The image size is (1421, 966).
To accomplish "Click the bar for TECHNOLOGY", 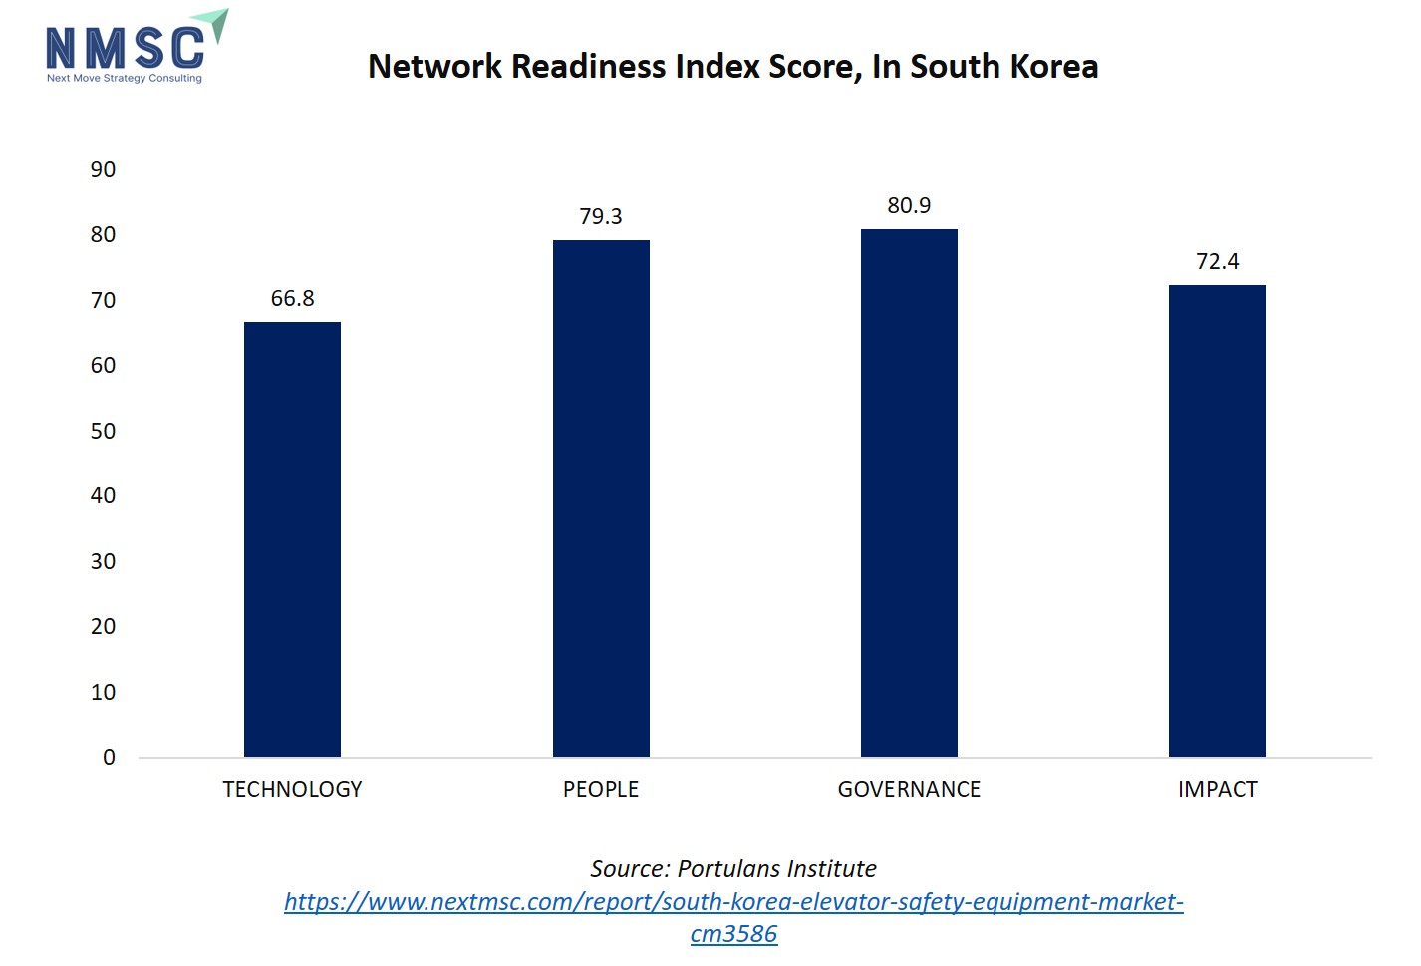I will click(292, 538).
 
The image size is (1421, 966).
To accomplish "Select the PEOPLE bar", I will click(601, 498).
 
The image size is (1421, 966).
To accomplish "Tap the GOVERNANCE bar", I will click(909, 492).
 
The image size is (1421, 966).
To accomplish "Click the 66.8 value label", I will click(292, 299).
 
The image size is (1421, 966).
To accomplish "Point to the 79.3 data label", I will click(601, 217).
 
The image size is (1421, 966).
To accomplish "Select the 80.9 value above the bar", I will click(909, 206).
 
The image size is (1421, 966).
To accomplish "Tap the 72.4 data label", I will click(1217, 262).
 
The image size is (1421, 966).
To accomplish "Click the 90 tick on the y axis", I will click(103, 170).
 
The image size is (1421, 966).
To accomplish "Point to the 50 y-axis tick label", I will click(103, 432).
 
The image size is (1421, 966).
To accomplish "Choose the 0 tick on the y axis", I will click(109, 758).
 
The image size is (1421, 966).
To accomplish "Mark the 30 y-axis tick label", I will click(103, 562).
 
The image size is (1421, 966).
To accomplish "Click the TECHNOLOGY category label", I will click(292, 790).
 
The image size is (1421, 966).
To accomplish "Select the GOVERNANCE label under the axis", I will click(909, 790).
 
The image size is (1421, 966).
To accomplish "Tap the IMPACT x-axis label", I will click(1217, 790).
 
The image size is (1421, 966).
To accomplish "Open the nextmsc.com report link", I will click(733, 903).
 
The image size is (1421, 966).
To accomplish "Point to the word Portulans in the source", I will click(724, 869).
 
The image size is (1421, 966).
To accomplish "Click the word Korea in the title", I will click(1054, 67).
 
